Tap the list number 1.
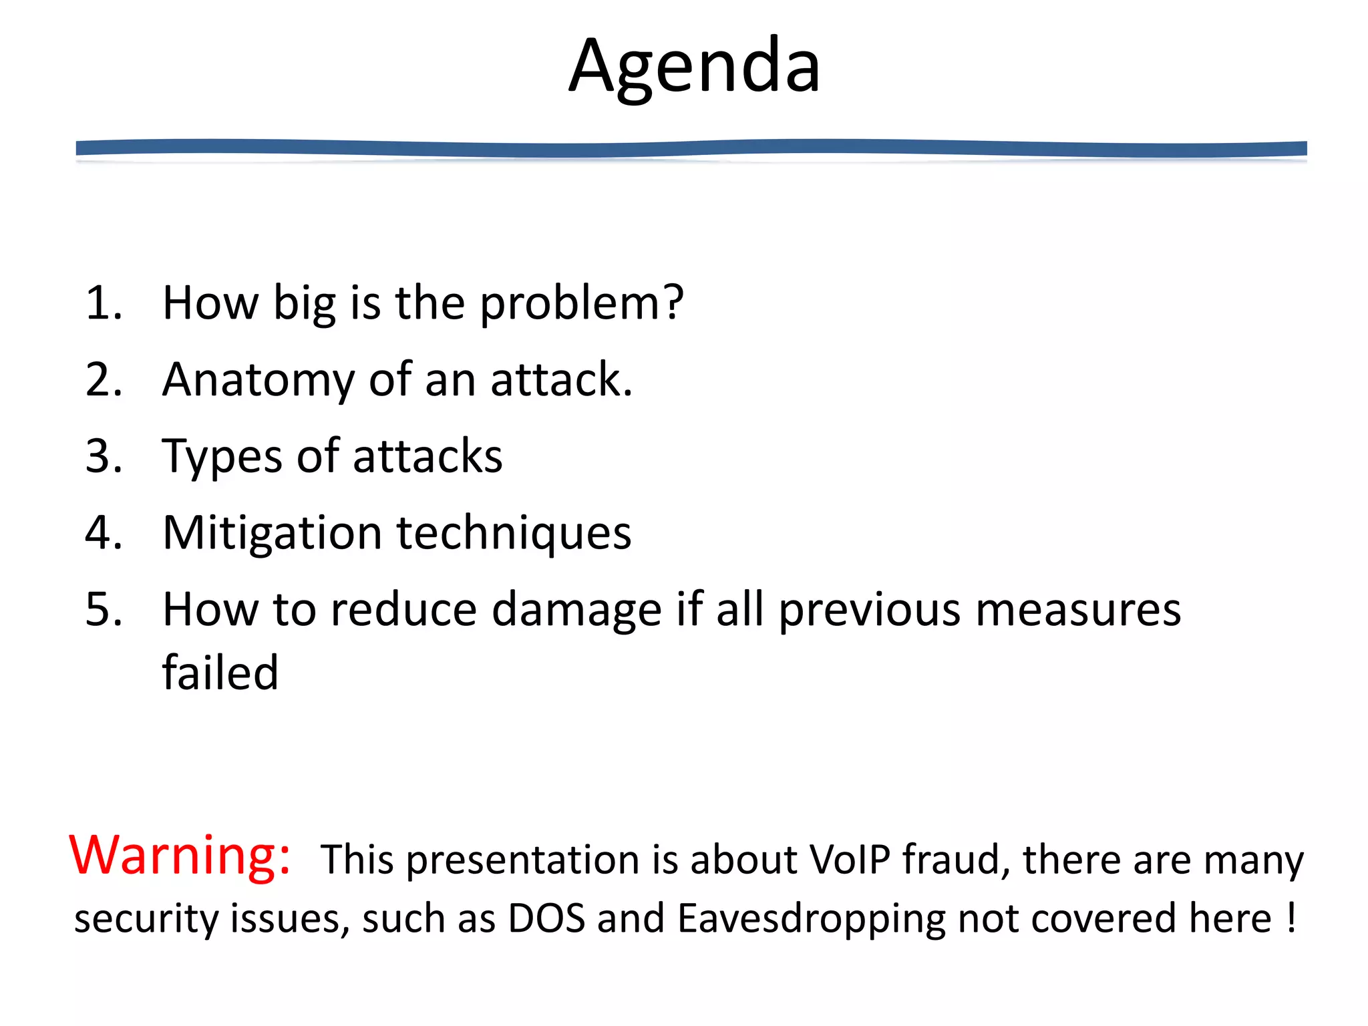pyautogui.click(x=104, y=303)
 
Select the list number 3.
pyautogui.click(x=104, y=457)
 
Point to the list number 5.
pyautogui.click(x=104, y=610)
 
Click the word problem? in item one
pyautogui.click(x=581, y=305)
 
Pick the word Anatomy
pyautogui.click(x=257, y=381)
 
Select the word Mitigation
pyautogui.click(x=272, y=534)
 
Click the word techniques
pyautogui.click(x=514, y=534)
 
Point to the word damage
pyautogui.click(x=576, y=611)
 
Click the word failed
pyautogui.click(x=220, y=673)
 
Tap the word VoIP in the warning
pyautogui.click(x=850, y=860)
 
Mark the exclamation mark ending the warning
pyautogui.click(x=1291, y=918)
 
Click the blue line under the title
pyautogui.click(x=691, y=148)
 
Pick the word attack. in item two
pyautogui.click(x=560, y=381)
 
